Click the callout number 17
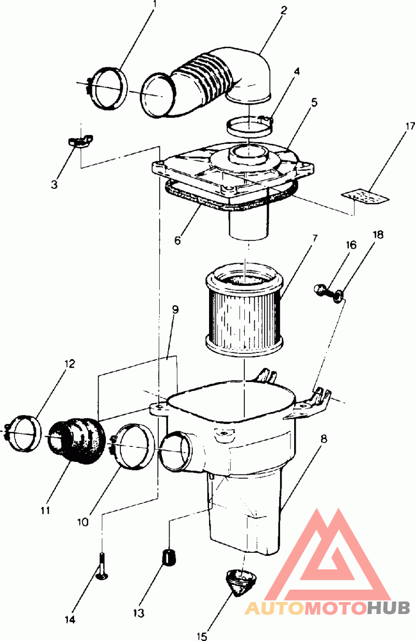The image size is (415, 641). [410, 126]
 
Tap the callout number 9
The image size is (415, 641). [175, 309]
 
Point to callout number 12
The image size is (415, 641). [69, 363]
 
